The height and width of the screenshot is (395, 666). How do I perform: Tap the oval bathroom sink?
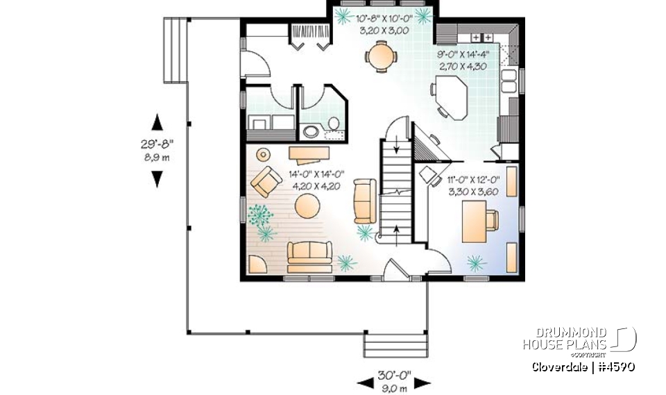pyautogui.click(x=309, y=131)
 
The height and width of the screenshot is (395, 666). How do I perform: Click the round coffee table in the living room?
pyautogui.click(x=307, y=206)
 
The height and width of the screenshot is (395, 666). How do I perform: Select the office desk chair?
pyautogui.click(x=492, y=220)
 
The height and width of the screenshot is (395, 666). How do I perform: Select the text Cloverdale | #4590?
pyautogui.click(x=583, y=367)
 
